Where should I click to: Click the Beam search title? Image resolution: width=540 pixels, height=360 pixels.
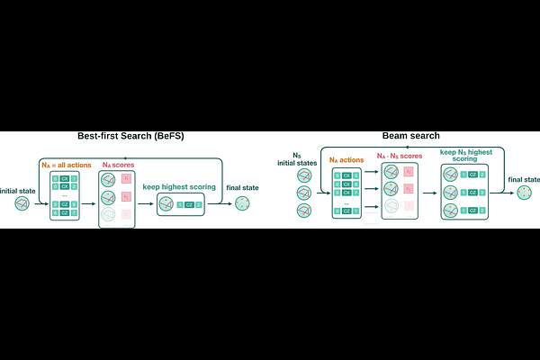[410, 136]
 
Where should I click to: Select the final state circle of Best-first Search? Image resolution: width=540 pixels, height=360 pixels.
[241, 205]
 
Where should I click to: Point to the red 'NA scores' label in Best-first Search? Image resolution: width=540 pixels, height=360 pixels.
[116, 164]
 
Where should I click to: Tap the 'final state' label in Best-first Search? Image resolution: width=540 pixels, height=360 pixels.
[241, 187]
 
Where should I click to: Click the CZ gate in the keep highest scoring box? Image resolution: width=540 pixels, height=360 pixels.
[189, 205]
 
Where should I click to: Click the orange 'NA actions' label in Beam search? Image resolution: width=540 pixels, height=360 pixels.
[346, 160]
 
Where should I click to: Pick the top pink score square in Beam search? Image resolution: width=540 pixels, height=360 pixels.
[409, 171]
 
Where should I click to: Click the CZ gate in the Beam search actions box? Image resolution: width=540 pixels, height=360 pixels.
[347, 211]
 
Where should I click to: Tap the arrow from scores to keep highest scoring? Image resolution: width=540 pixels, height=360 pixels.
[146, 205]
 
